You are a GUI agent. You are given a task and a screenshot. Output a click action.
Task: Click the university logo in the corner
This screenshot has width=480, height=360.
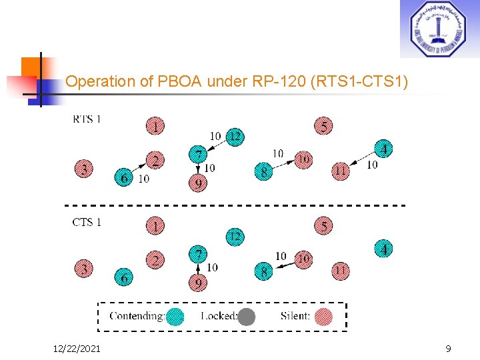[438, 29]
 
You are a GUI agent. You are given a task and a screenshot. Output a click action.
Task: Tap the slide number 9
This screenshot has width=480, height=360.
[448, 348]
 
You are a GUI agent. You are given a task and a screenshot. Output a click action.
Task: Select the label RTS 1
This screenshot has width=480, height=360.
[87, 119]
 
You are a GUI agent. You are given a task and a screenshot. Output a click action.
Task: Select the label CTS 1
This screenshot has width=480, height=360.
[87, 222]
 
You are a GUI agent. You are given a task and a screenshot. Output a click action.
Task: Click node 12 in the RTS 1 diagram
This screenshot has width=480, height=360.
[235, 137]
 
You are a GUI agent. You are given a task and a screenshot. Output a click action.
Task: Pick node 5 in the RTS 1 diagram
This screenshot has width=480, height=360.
[323, 126]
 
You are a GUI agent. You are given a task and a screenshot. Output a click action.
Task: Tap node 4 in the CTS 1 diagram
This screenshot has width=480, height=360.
[383, 249]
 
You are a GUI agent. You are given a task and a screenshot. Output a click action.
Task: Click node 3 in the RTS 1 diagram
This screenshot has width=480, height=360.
[83, 169]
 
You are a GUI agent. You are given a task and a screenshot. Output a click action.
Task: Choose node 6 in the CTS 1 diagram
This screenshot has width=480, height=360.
[124, 277]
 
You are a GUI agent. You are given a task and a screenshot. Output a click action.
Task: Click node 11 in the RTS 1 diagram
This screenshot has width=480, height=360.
[341, 171]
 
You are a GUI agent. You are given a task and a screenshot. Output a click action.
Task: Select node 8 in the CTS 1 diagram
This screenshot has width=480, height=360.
[264, 271]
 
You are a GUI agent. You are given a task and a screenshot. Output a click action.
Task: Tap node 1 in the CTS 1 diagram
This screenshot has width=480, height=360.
[155, 227]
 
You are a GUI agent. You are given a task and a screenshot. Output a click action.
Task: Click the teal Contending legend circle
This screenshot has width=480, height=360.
[175, 316]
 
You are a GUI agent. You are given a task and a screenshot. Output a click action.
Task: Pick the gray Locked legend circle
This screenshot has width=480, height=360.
[247, 316]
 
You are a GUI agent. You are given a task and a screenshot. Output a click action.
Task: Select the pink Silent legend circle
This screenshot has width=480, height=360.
[323, 316]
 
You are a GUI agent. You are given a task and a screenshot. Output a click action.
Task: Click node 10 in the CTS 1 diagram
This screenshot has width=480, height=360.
[303, 258]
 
